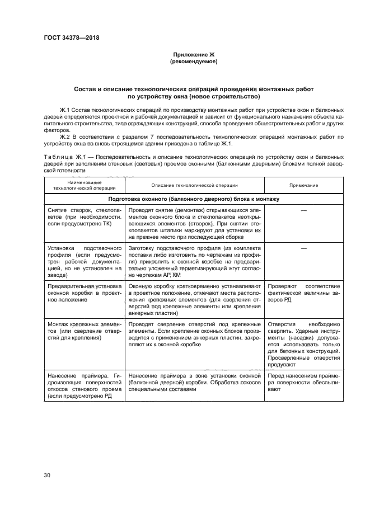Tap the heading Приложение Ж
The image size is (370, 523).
tap(193, 54)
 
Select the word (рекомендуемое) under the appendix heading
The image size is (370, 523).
tap(193, 62)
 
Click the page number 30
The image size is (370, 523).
tap(47, 475)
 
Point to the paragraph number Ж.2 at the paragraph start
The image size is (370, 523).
tap(67, 136)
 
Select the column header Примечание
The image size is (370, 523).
tap(303, 185)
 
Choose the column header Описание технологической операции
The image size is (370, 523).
tap(194, 185)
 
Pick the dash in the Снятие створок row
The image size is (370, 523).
tap(303, 210)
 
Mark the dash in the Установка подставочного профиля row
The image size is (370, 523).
tap(303, 247)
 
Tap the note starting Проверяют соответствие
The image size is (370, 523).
tap(303, 293)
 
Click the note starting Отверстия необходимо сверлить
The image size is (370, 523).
tap(303, 344)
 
